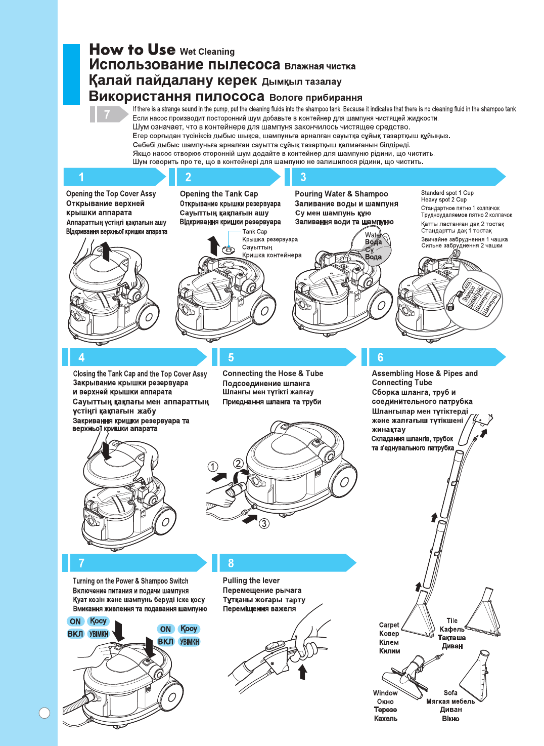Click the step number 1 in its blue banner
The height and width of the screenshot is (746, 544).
[81, 177]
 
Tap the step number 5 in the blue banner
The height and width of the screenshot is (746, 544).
[231, 358]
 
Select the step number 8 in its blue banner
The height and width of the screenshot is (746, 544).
[231, 563]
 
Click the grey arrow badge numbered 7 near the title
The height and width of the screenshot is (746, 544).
[107, 115]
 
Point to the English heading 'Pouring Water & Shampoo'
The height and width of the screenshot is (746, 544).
[341, 194]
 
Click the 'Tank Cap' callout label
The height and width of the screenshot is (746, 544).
[255, 232]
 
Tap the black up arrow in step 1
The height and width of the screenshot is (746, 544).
[106, 251]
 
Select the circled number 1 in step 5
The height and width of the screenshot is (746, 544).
[213, 467]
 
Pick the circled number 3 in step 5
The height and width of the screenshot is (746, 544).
[264, 523]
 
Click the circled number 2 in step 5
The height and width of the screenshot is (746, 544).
[238, 464]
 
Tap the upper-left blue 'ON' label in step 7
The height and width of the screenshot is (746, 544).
[75, 621]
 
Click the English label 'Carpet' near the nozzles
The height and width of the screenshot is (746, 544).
[389, 625]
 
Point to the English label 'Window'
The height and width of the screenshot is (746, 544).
[385, 693]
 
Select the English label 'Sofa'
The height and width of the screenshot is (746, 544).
[450, 693]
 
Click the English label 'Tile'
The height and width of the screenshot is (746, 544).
[452, 620]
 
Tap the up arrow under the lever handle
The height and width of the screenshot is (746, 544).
[302, 672]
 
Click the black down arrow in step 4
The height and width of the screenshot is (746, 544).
[106, 450]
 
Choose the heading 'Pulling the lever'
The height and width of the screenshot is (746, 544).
[251, 581]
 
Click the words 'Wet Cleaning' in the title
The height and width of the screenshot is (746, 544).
[207, 52]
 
